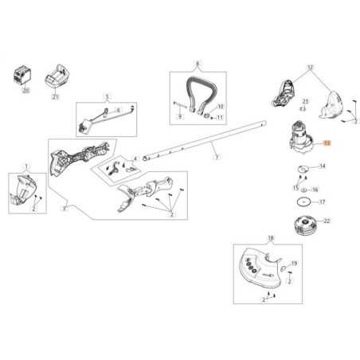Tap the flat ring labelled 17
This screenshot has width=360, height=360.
pyautogui.click(x=301, y=203)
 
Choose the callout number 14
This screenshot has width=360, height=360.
pyautogui.click(x=322, y=166)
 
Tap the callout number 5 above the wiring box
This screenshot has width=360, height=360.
pyautogui.click(x=105, y=99)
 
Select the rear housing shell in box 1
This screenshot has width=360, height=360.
pyautogui.click(x=22, y=191)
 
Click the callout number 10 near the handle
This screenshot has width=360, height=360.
pyautogui.click(x=220, y=106)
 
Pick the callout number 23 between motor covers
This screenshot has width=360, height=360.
pyautogui.click(x=304, y=103)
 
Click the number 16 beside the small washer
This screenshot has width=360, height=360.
pyautogui.click(x=315, y=190)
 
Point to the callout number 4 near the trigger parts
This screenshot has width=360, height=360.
pyautogui.click(x=136, y=158)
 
